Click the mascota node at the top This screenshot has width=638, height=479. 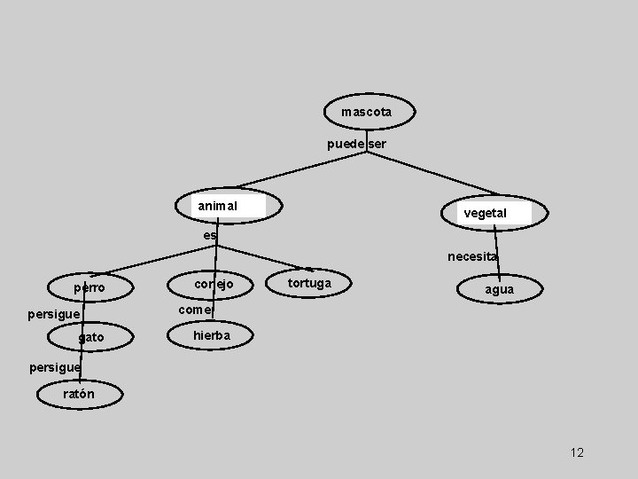(x=366, y=113)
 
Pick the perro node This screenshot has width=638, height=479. (x=89, y=287)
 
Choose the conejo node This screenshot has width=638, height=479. (x=214, y=284)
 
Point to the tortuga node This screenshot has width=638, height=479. (x=309, y=283)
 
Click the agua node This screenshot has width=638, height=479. (x=498, y=289)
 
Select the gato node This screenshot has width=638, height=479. (x=90, y=337)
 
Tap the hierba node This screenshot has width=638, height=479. (x=212, y=335)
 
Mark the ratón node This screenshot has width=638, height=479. (x=79, y=394)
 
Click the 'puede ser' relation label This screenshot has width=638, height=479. (x=356, y=144)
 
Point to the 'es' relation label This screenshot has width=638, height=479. (x=209, y=235)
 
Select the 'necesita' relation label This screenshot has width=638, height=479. (x=472, y=256)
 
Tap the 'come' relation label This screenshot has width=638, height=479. (x=195, y=310)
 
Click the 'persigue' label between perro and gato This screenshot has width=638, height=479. (x=53, y=314)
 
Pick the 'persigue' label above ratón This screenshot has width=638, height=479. (x=54, y=366)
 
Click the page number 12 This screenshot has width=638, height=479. (x=577, y=452)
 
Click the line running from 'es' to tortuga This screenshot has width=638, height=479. (x=261, y=255)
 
